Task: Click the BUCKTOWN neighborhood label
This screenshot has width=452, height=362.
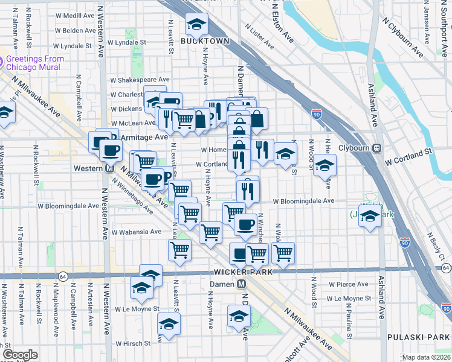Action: tap(205, 41)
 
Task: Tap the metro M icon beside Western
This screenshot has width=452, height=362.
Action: tap(110, 168)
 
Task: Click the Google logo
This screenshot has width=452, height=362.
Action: tap(20, 355)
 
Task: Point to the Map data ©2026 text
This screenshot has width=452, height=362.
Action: tap(426, 357)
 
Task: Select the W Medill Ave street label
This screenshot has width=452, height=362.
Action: tap(68, 16)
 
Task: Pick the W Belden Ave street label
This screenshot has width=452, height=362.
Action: tap(73, 31)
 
